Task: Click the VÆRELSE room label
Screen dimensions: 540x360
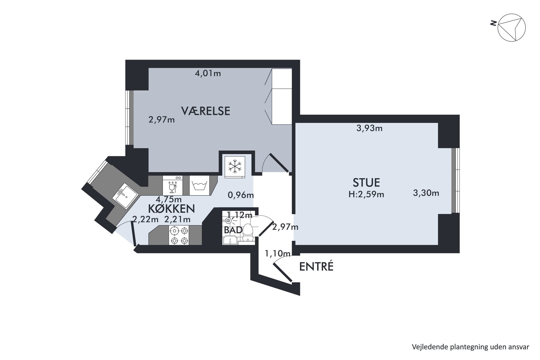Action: [x=205, y=111]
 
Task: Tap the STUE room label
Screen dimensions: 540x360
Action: [x=366, y=183]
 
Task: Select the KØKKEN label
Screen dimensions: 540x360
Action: [x=171, y=209]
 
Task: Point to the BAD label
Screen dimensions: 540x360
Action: [x=233, y=230]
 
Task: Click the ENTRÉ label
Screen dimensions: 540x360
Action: [x=316, y=266]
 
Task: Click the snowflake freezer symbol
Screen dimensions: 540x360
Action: [x=235, y=166]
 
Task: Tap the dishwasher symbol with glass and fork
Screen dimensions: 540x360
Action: [x=173, y=186]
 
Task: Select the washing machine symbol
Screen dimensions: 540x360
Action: [x=200, y=186]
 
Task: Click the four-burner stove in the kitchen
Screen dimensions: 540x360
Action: [x=179, y=235]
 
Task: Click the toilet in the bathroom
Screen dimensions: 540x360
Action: [x=248, y=232]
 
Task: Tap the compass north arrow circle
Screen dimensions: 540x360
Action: [x=511, y=28]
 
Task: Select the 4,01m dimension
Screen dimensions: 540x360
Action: [x=208, y=73]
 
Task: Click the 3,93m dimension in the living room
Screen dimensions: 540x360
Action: [x=369, y=128]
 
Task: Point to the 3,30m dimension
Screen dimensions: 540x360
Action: [x=426, y=193]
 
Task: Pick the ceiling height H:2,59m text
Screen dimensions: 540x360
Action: [x=366, y=194]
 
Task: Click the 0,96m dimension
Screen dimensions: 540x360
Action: [x=241, y=195]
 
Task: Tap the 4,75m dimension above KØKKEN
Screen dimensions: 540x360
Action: [x=168, y=199]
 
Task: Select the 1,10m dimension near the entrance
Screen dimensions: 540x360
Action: [x=278, y=254]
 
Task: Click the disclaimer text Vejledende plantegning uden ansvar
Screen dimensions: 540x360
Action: [x=471, y=347]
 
